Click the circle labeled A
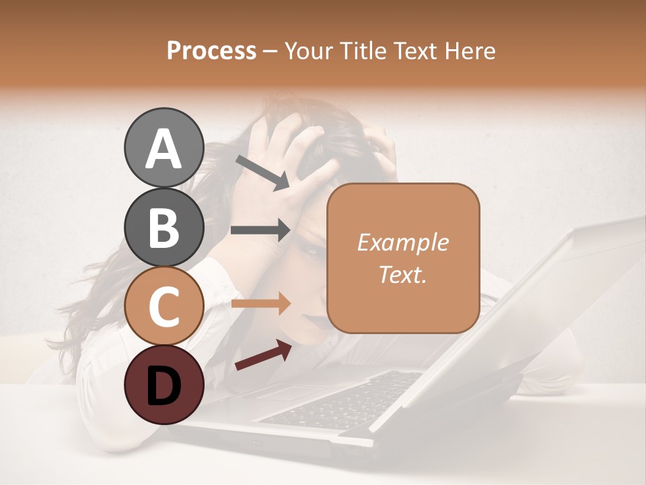pos(164,148)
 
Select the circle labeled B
pos(164,227)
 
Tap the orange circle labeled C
pos(164,306)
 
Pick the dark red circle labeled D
pos(164,385)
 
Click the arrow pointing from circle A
pos(262,172)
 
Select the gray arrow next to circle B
pos(260,230)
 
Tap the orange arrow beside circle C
pos(260,304)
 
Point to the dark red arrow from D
pos(263,355)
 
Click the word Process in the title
pos(211,51)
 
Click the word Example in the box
pos(402,243)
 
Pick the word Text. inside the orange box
pos(402,274)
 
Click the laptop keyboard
pos(343,401)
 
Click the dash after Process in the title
pos(271,52)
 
